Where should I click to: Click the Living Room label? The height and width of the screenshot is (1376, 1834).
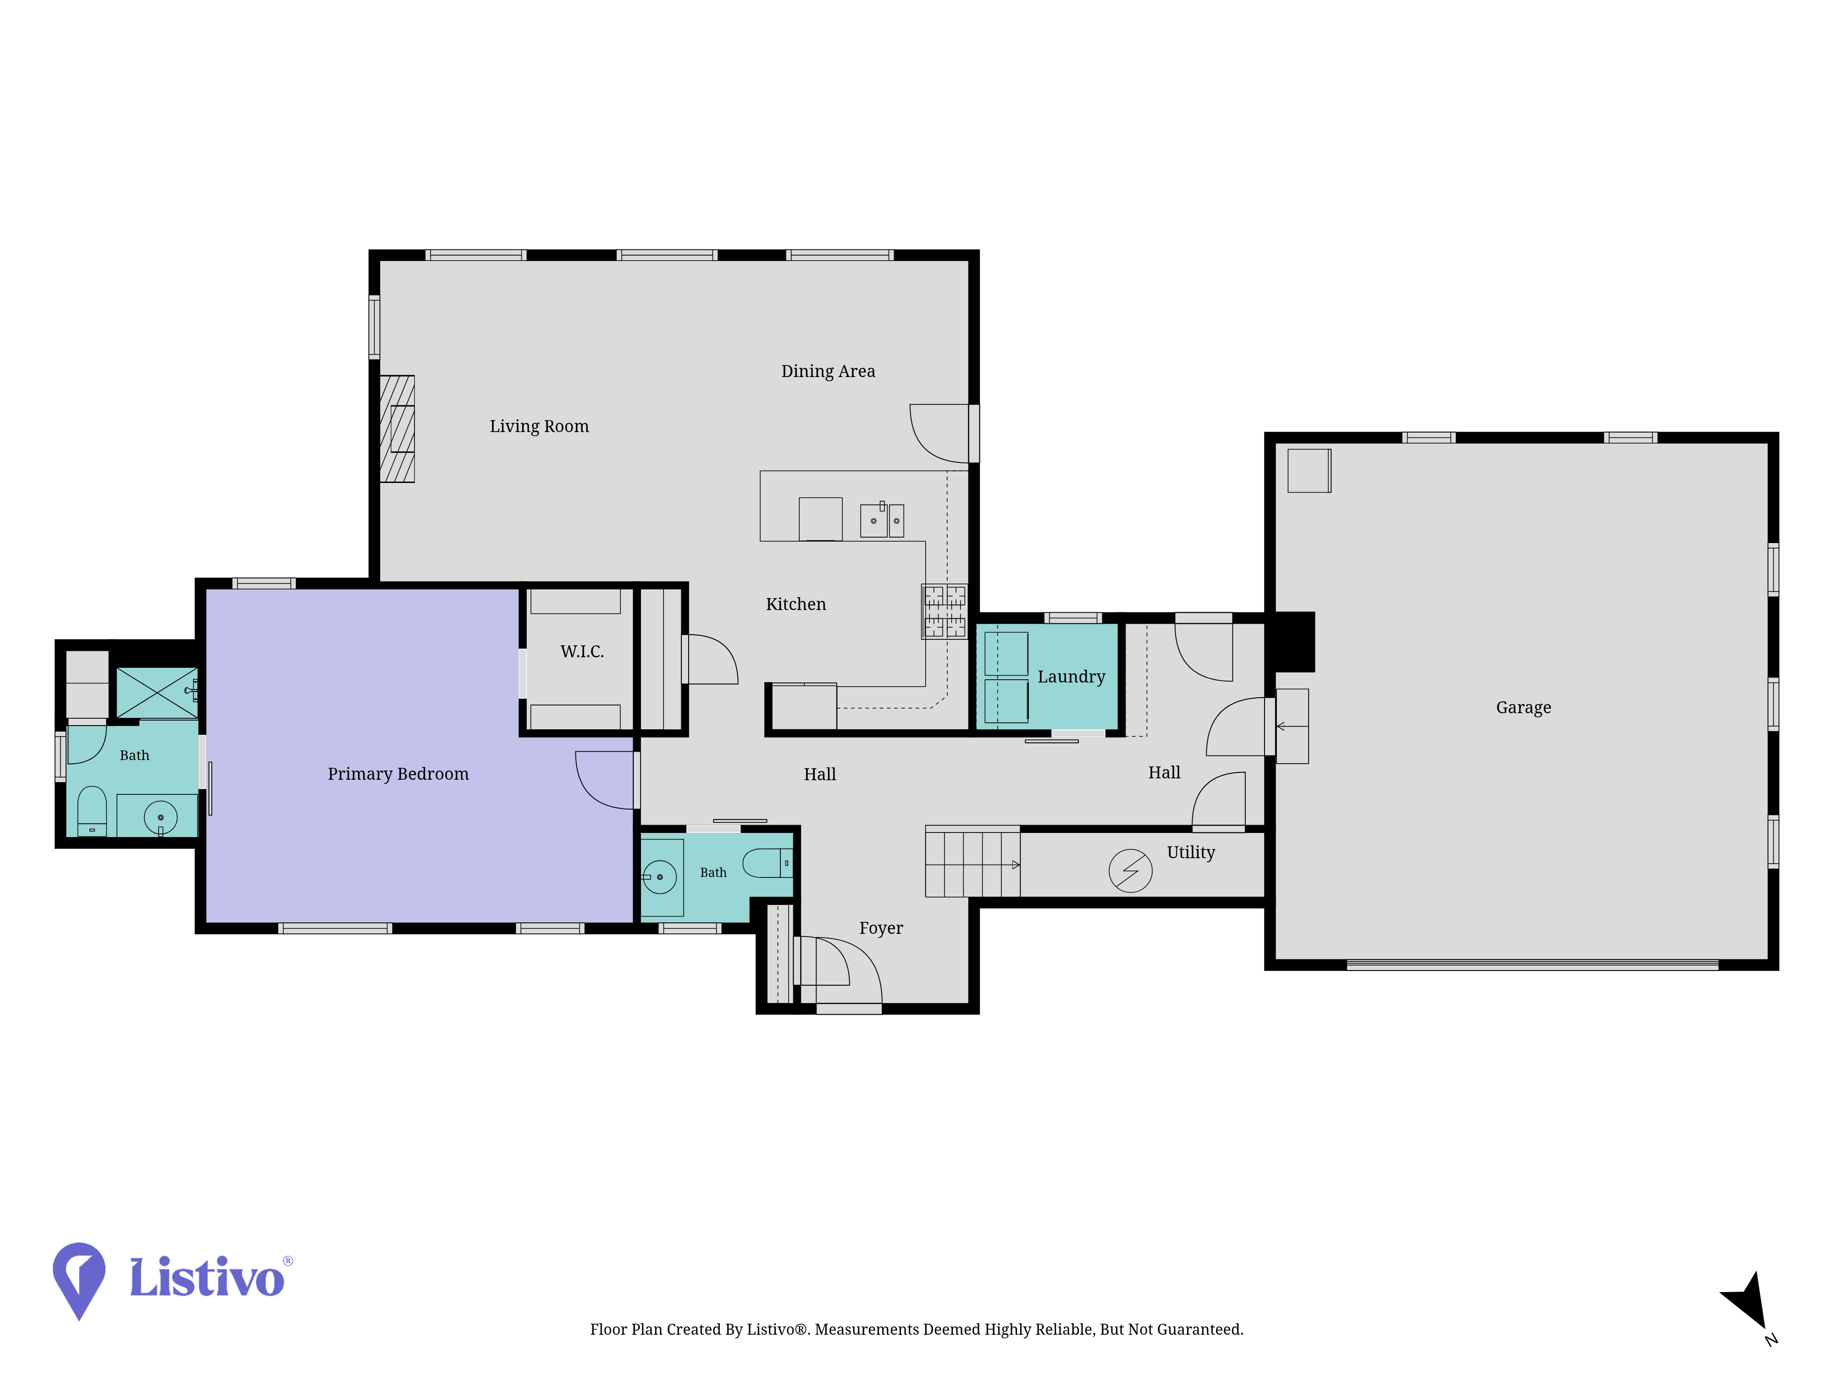(x=539, y=426)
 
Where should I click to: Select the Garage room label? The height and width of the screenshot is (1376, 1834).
(x=1523, y=707)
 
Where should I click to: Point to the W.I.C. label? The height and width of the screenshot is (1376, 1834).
(x=582, y=651)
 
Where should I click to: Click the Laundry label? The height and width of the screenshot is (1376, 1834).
(x=1071, y=677)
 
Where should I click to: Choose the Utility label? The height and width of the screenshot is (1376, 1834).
(x=1191, y=853)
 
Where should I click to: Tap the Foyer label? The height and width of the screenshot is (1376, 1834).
(x=880, y=928)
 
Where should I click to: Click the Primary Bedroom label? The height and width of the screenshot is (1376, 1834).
(x=398, y=774)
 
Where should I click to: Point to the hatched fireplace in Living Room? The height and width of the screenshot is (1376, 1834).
(x=397, y=429)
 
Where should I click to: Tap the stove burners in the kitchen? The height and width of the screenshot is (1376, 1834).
(x=945, y=611)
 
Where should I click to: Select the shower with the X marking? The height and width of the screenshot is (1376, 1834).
(x=157, y=693)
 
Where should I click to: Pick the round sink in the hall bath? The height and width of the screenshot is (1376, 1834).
(x=660, y=877)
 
